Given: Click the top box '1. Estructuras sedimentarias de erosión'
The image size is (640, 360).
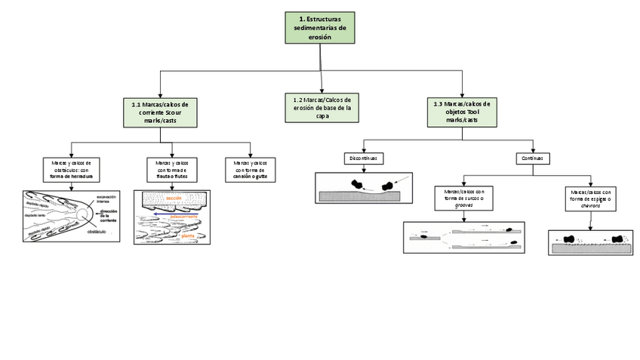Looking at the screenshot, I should pyautogui.click(x=319, y=27).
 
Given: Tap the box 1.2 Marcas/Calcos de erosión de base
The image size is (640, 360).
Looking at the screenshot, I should pyautogui.click(x=322, y=107).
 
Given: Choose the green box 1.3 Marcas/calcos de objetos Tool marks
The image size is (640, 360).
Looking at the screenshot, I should pyautogui.click(x=461, y=112).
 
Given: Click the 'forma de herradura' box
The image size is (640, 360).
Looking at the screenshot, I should pyautogui.click(x=70, y=169).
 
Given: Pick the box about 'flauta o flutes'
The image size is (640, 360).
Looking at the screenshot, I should pyautogui.click(x=171, y=169).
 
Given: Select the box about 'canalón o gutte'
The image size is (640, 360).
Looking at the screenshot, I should pyautogui.click(x=251, y=169).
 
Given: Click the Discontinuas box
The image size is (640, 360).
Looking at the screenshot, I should pyautogui.click(x=363, y=158).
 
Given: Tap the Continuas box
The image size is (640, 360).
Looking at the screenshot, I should pyautogui.click(x=532, y=158).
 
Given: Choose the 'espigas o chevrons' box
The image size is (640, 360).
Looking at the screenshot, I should pyautogui.click(x=590, y=199).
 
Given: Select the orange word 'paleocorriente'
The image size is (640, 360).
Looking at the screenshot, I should pyautogui.click(x=184, y=215).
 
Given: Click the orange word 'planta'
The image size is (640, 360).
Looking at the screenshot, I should pyautogui.click(x=188, y=235).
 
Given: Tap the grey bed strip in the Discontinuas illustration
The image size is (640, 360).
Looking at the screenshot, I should pyautogui.click(x=362, y=196).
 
